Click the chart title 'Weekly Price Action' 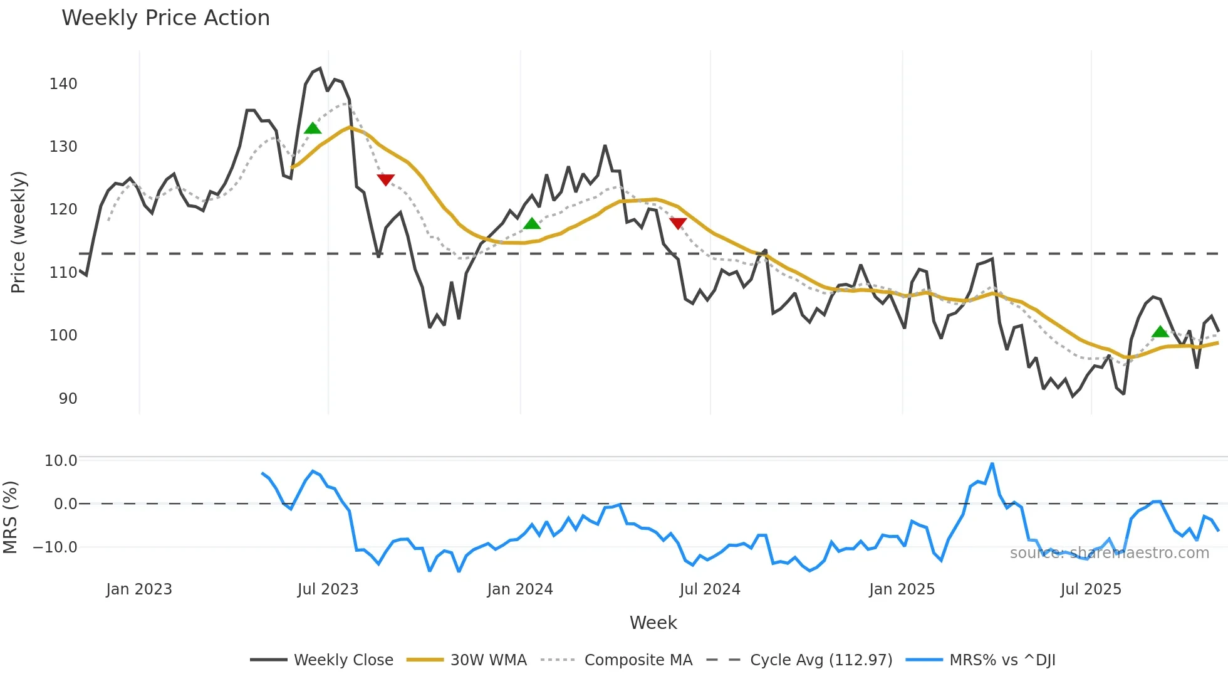165,18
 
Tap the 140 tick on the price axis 63,84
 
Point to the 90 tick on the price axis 68,399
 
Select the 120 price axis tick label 63,209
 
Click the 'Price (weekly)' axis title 18,232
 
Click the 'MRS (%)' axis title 10,517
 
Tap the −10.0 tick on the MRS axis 55,547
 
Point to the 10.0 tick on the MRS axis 61,461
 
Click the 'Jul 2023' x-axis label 328,589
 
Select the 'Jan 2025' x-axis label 902,589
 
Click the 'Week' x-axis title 653,623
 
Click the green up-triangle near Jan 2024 532,224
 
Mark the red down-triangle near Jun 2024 678,223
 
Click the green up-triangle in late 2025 1160,332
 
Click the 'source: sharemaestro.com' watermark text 1109,553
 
